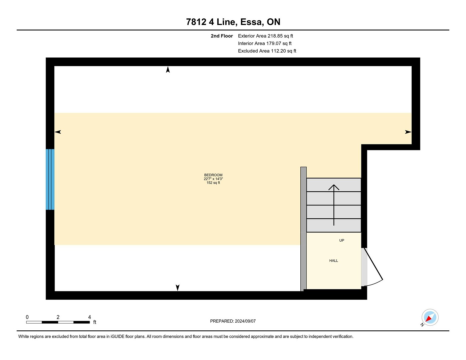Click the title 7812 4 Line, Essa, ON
point(233,22)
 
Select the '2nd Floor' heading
point(222,36)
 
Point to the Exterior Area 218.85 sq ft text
point(265,36)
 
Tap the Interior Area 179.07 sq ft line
point(265,43)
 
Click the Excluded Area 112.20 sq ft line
point(267,51)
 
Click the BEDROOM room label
point(213,175)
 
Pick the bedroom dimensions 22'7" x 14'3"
point(213,179)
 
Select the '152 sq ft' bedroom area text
point(213,183)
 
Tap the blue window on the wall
point(50,179)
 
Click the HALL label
point(333,261)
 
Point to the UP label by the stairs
point(342,240)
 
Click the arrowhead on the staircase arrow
point(334,187)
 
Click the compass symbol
point(430,318)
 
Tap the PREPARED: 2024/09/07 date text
point(233,321)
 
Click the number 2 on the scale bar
point(58,317)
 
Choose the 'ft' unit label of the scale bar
point(95,322)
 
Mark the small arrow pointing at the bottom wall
point(178,288)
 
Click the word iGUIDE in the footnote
point(118,337)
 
